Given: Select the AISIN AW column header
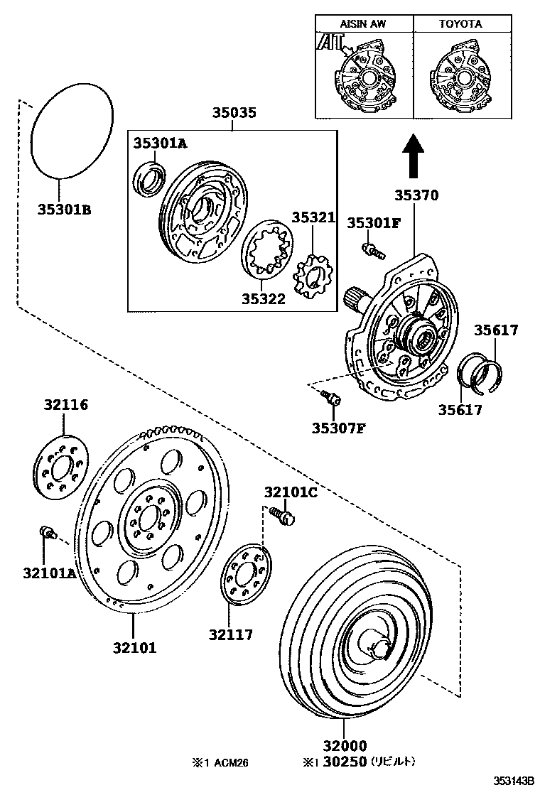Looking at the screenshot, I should click(364, 23).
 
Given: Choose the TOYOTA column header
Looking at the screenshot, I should click(460, 23).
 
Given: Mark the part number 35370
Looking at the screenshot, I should click(416, 195).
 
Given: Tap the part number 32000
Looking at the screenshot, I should click(344, 746).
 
